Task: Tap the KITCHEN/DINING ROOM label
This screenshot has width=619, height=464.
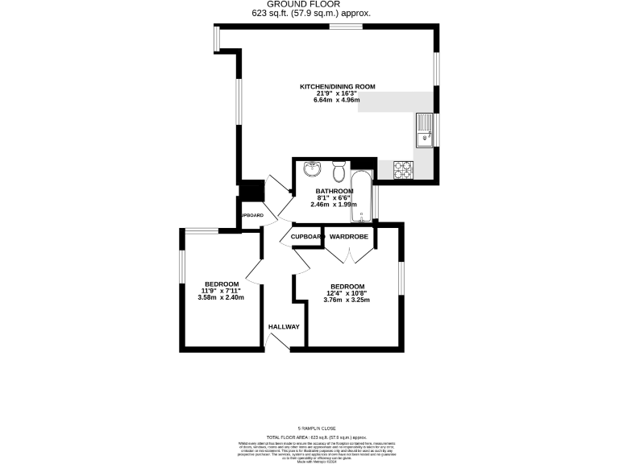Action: click(337, 86)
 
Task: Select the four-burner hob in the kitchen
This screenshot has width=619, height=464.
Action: click(403, 169)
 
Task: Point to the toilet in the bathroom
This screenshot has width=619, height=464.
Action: click(339, 172)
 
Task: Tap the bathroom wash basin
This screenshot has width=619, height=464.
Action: click(313, 170)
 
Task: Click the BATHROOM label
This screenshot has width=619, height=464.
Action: click(334, 191)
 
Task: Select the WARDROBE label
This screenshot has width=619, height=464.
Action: click(349, 237)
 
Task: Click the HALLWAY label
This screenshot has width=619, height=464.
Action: click(284, 326)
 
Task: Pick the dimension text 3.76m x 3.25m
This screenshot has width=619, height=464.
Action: click(347, 300)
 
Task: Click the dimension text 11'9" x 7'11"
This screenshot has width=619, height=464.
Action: click(221, 291)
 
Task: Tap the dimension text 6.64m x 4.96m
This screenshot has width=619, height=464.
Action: click(337, 101)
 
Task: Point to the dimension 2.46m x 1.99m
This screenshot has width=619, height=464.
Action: click(334, 205)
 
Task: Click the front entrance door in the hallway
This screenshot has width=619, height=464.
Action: click(277, 341)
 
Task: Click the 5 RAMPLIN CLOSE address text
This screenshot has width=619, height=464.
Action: click(318, 428)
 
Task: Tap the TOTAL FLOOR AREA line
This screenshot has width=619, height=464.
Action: click(318, 436)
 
